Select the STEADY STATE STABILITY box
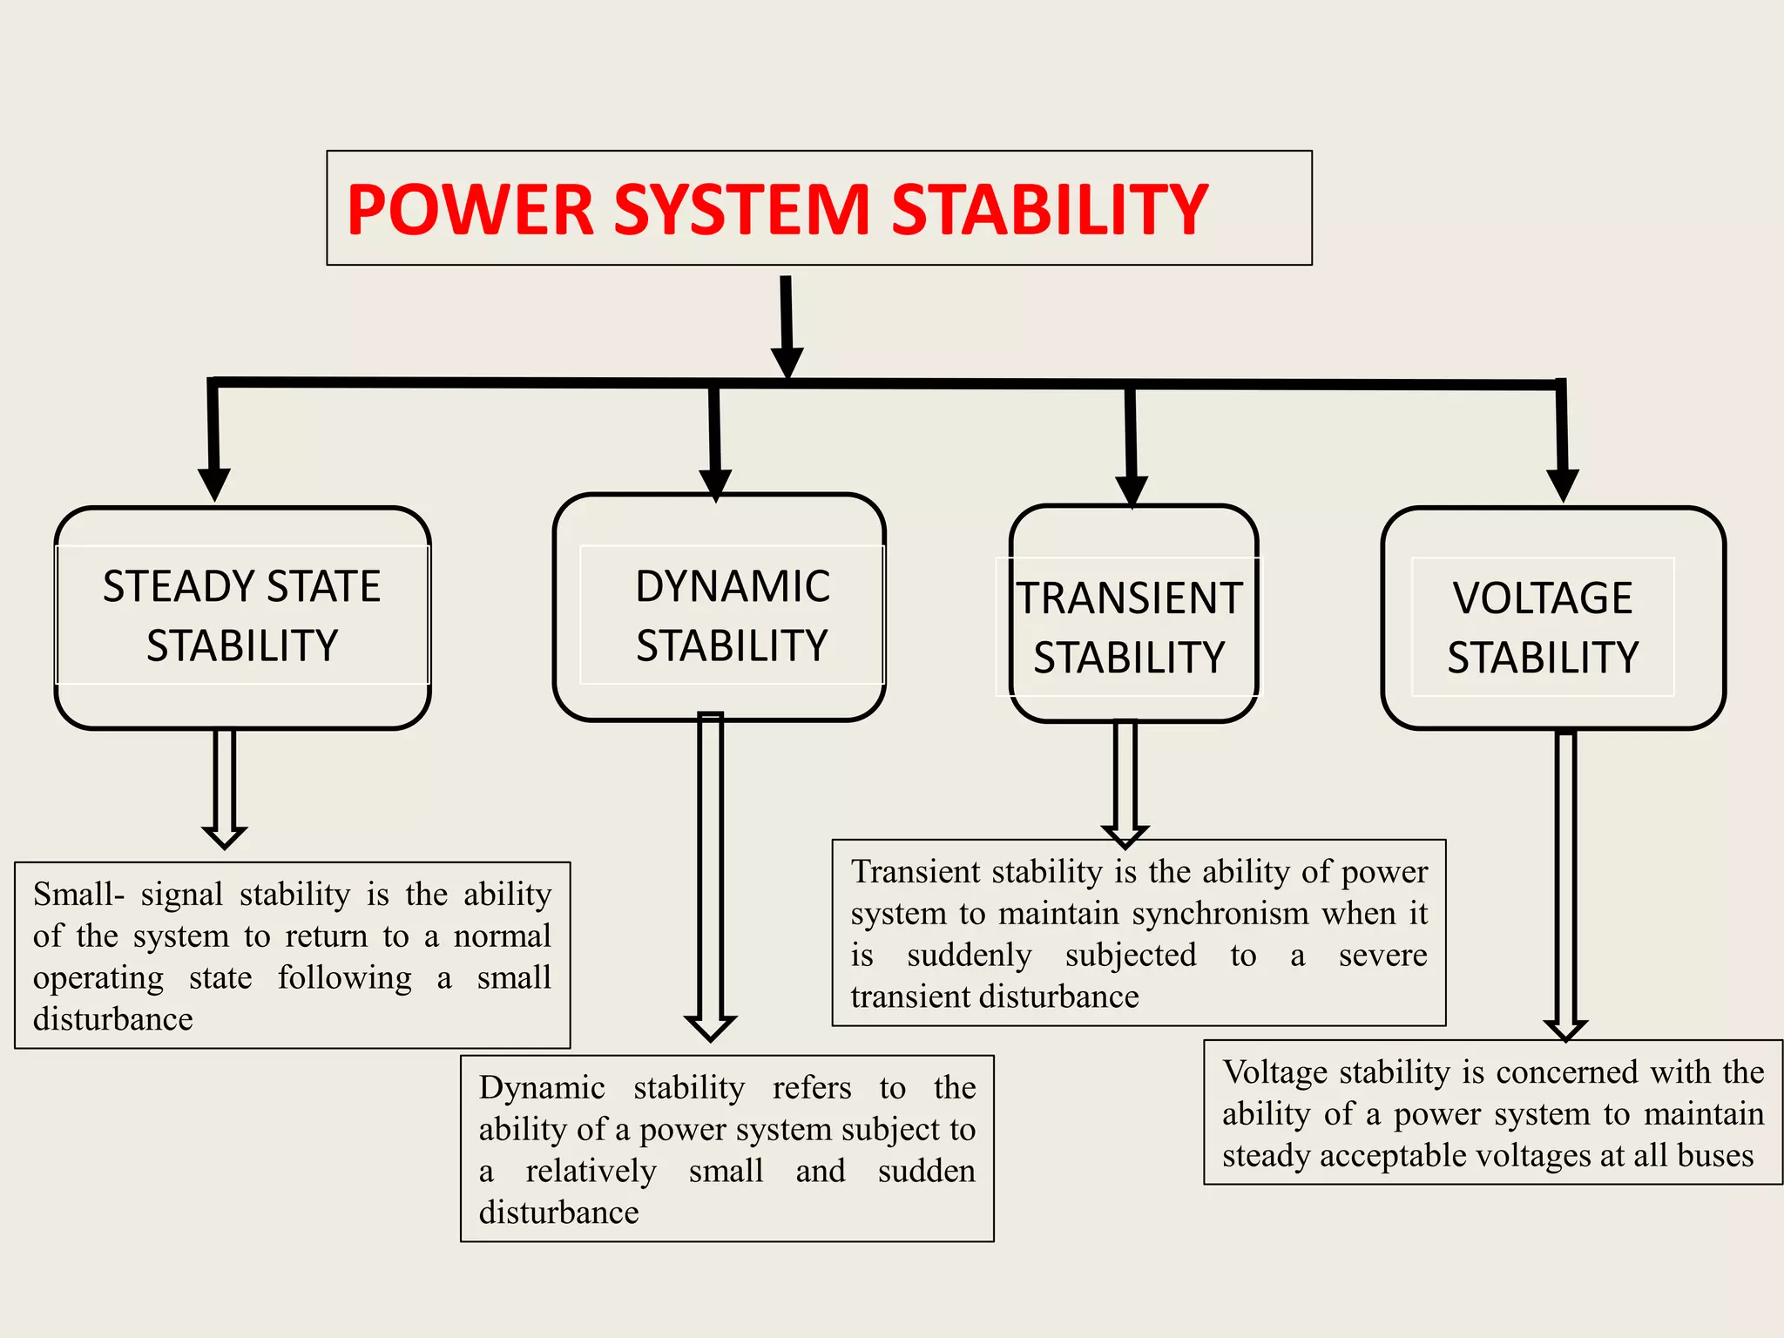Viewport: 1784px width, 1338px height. [242, 616]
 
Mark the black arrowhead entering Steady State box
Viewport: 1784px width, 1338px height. [214, 483]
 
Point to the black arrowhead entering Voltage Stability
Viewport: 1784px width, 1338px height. [1563, 484]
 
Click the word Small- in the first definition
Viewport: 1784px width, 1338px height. [78, 895]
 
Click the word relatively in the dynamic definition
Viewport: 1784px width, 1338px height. [591, 1172]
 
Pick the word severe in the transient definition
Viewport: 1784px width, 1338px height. [1382, 956]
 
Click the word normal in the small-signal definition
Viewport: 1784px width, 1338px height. [502, 936]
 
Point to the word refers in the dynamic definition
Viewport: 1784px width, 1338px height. [811, 1088]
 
